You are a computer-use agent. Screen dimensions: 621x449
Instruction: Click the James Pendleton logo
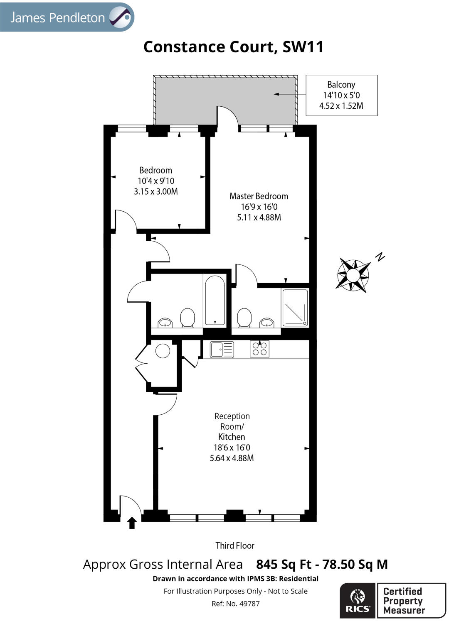click(x=67, y=17)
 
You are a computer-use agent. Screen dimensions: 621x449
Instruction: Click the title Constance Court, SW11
click(x=233, y=47)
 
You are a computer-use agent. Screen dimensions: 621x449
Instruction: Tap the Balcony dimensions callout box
click(x=341, y=95)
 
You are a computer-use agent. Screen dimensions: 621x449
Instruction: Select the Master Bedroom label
click(x=259, y=206)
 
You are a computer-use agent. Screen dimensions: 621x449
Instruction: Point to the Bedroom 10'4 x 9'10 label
click(x=156, y=181)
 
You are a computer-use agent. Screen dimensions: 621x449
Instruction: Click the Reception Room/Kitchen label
click(x=232, y=437)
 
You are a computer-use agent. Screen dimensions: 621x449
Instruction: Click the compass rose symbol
click(x=353, y=275)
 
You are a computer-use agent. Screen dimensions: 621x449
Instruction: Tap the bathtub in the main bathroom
click(x=215, y=300)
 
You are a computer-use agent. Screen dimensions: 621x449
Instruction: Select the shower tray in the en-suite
click(x=295, y=307)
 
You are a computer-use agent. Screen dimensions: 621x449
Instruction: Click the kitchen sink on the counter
click(x=222, y=350)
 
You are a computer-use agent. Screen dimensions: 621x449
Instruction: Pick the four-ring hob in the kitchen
click(x=259, y=349)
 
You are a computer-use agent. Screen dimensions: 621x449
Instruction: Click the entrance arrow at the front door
click(x=132, y=523)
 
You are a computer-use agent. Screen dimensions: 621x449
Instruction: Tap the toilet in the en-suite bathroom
click(x=244, y=318)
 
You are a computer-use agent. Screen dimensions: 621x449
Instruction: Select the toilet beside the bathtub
click(x=187, y=318)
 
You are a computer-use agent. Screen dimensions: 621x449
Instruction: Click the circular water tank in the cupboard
click(x=163, y=351)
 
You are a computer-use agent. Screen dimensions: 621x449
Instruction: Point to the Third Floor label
click(x=234, y=545)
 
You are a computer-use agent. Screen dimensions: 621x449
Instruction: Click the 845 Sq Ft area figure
click(x=284, y=564)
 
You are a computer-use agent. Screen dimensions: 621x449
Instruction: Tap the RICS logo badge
click(x=358, y=601)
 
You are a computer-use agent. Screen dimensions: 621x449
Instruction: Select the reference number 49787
click(x=235, y=604)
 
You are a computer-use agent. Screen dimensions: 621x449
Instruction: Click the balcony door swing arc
click(x=228, y=116)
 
